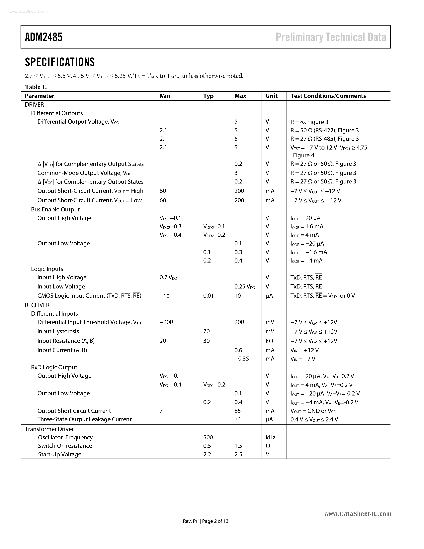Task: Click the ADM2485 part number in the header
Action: [43, 37]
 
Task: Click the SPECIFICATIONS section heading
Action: [60, 62]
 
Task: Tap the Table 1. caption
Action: [36, 87]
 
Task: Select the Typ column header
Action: [208, 96]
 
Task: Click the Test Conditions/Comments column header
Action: [328, 96]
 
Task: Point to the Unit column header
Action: [272, 96]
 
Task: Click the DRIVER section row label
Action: [34, 105]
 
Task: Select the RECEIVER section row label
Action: [37, 305]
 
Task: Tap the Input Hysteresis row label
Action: [58, 331]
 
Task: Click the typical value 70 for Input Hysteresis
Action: [207, 331]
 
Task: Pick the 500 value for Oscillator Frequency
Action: [208, 437]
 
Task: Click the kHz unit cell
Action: [271, 437]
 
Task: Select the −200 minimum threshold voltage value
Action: [166, 322]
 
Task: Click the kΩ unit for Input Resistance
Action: [269, 341]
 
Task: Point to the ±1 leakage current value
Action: [238, 419]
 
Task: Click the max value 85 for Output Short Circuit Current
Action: [237, 411]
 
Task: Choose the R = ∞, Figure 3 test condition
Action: [309, 122]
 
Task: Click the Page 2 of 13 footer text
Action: [215, 521]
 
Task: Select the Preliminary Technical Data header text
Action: [331, 37]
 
